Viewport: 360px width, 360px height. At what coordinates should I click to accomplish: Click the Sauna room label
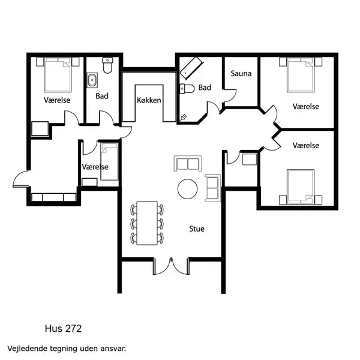tap(241, 74)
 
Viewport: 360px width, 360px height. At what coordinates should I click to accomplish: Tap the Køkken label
tap(149, 100)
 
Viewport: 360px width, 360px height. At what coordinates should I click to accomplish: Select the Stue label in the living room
tap(197, 229)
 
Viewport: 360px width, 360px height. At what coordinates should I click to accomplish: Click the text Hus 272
tap(63, 328)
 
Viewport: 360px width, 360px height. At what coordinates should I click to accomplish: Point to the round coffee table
tap(187, 189)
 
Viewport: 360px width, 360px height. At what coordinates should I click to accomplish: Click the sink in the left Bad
tap(94, 80)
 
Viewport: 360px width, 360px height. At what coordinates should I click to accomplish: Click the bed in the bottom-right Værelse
tap(299, 186)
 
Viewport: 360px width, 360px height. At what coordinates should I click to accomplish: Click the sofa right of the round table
tap(212, 187)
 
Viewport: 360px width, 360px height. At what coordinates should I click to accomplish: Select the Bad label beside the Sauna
tap(205, 88)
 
